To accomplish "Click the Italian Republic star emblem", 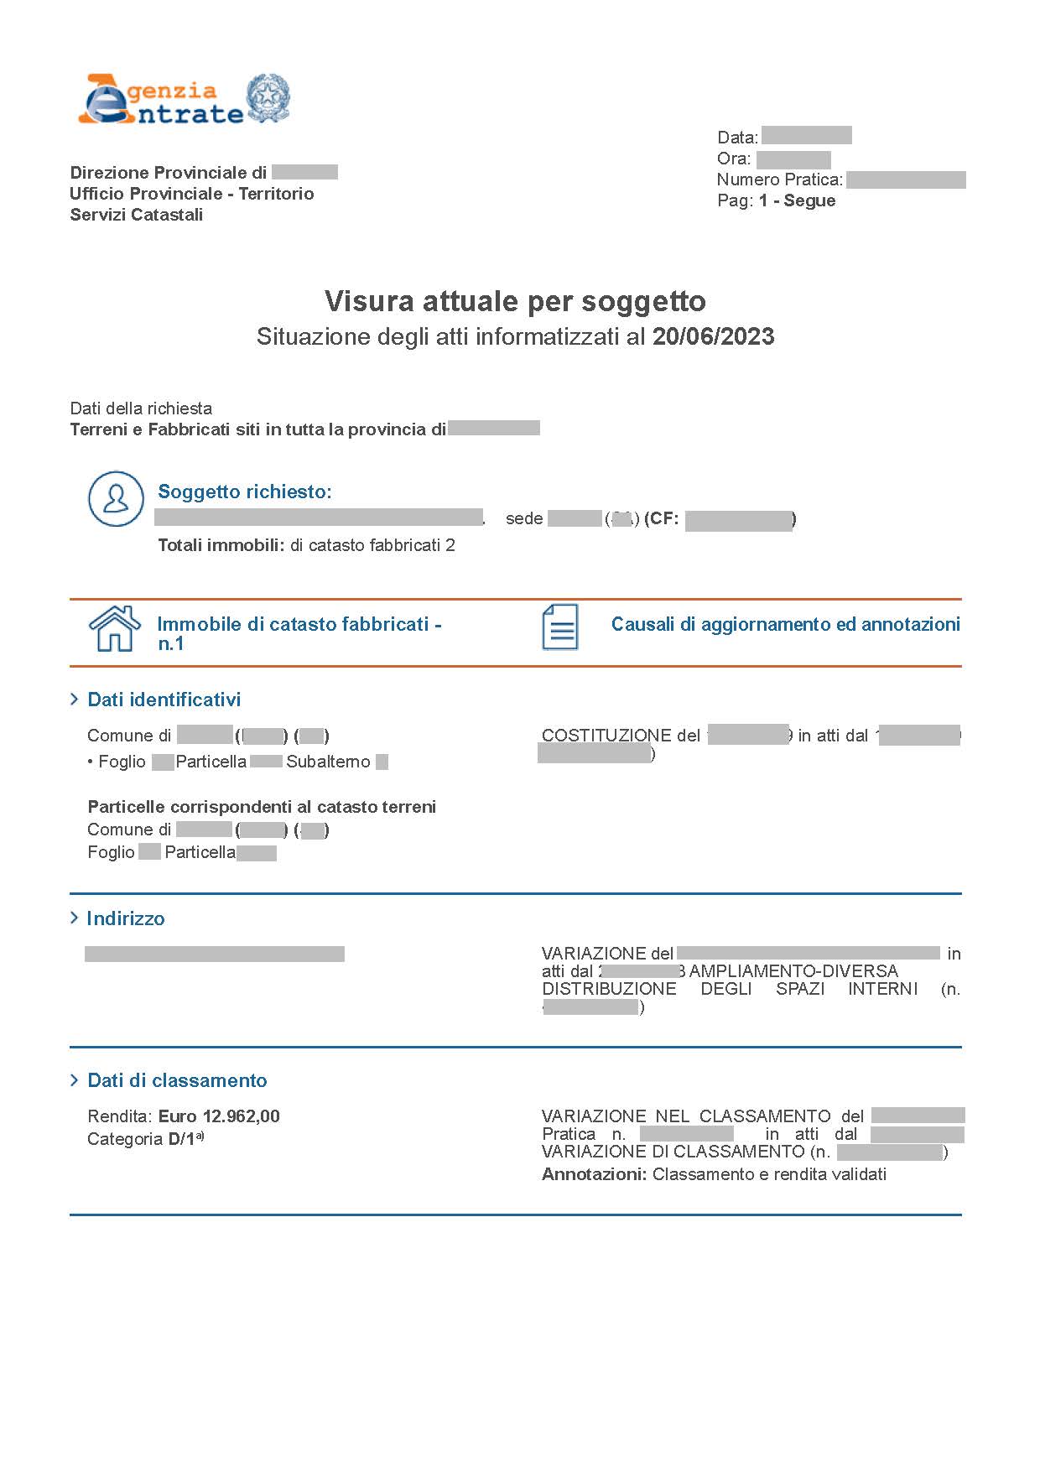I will click(268, 99).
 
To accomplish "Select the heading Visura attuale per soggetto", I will click(515, 301).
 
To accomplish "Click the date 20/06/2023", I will click(713, 337).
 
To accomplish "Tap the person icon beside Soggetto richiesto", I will click(116, 499).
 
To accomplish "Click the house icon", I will click(115, 629).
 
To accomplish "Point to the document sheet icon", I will click(559, 627).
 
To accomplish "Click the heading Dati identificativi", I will click(164, 700).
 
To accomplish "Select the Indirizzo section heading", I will click(126, 918).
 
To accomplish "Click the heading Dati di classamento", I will click(177, 1080).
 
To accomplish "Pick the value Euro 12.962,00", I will click(219, 1116).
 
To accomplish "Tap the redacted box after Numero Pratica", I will click(906, 179).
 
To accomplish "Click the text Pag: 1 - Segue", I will click(776, 200).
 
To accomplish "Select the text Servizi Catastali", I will click(137, 215).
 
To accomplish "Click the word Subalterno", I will click(328, 762).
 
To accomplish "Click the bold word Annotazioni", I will click(594, 1174).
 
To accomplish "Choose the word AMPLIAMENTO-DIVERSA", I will click(793, 971).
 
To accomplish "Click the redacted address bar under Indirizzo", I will click(215, 954).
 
